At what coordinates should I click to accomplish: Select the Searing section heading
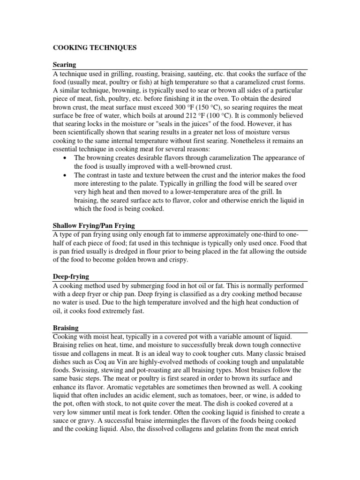pos(64,64)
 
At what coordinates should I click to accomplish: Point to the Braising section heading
pos(66,328)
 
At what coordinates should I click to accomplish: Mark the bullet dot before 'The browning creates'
pos(64,157)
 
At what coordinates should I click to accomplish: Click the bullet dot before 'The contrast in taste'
pos(64,175)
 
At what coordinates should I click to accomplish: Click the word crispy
pos(177,260)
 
